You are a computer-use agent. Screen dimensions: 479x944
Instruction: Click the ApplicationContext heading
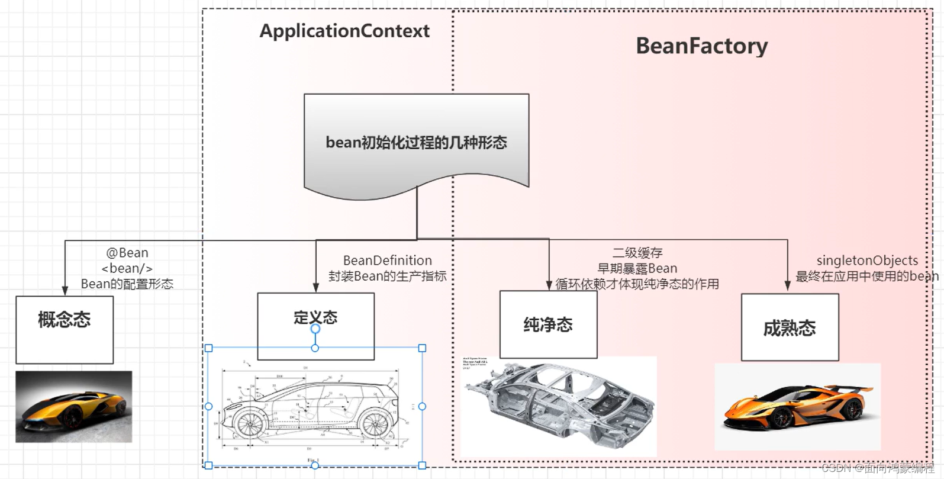[344, 31]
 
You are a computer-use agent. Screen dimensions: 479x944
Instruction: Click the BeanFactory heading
[701, 46]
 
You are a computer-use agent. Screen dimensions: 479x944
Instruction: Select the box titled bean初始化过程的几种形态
[416, 143]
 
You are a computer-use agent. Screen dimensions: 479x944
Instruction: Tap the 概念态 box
[65, 329]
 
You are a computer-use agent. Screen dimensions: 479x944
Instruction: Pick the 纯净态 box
[548, 324]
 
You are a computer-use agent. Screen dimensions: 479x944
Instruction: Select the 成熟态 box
[790, 327]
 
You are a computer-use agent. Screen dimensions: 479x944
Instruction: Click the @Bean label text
[127, 253]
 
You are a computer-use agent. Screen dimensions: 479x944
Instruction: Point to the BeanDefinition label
[388, 261]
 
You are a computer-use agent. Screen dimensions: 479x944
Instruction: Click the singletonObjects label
[867, 261]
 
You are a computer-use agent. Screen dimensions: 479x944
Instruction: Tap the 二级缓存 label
[637, 253]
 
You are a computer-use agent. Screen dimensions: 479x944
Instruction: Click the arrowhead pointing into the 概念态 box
[65, 291]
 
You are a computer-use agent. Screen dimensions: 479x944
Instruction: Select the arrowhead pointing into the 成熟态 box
[788, 286]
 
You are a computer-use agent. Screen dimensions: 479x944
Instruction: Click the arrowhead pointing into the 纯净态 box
[549, 285]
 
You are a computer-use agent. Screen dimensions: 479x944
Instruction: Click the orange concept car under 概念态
[73, 407]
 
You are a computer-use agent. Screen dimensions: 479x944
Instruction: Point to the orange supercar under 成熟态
[797, 407]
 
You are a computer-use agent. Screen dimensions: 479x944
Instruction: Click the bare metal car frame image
[559, 403]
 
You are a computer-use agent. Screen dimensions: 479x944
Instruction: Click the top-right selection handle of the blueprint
[422, 348]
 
